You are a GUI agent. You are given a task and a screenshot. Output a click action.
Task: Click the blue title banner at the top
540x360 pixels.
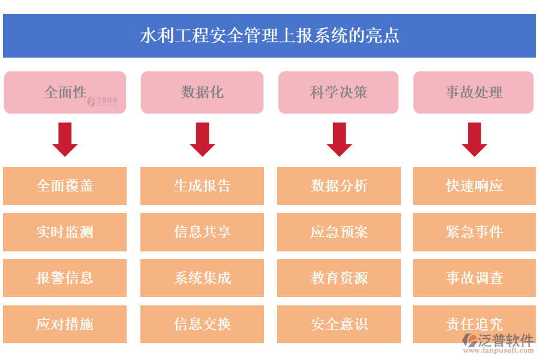[269, 36]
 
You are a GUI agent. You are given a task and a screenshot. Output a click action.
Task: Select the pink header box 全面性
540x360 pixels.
[65, 92]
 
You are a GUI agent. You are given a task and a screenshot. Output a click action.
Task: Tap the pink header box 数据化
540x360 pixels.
[202, 92]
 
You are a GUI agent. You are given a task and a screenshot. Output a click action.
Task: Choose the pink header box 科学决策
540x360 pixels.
[338, 92]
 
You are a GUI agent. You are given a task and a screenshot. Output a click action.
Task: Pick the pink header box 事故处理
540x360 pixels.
[473, 92]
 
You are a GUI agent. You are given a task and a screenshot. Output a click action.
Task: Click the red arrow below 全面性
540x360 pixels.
[65, 139]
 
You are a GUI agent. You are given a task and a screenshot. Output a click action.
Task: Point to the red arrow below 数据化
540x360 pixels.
[202, 139]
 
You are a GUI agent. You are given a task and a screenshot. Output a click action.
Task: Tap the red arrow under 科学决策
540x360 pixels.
[339, 139]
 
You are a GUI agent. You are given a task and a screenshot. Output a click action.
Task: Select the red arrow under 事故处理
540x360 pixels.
[474, 139]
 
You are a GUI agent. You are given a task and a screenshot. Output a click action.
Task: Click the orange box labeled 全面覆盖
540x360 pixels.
[65, 186]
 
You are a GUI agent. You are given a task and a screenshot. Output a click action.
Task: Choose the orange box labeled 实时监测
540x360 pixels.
[65, 232]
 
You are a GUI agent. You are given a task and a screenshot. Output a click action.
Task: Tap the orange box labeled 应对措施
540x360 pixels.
[65, 325]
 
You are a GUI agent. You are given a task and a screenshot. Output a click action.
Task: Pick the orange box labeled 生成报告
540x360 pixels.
[202, 186]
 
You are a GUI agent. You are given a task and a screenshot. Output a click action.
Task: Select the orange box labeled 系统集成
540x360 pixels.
[202, 278]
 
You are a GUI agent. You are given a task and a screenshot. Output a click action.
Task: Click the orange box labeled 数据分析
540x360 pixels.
[339, 186]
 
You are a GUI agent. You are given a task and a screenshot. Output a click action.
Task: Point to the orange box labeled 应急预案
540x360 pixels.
[339, 232]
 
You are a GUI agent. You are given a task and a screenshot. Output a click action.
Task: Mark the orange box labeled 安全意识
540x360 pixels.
[339, 325]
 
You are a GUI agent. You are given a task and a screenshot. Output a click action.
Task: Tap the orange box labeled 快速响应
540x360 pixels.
[474, 186]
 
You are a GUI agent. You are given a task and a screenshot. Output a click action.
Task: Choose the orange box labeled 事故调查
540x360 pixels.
[474, 278]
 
